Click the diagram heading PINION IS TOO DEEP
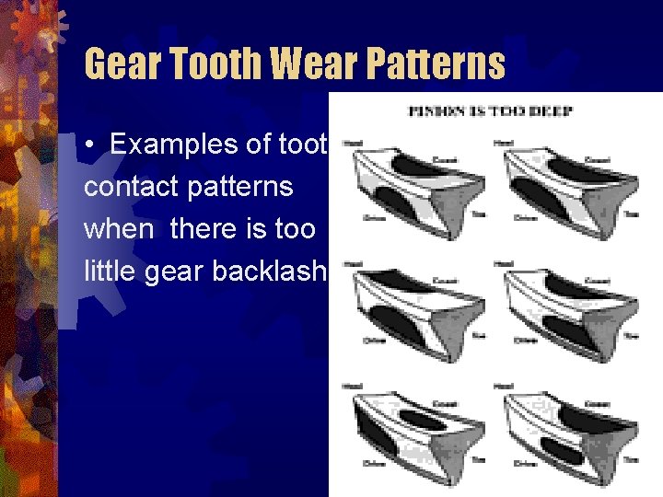pos(491,111)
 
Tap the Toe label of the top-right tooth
pos(630,214)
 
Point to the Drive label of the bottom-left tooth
pos(373,463)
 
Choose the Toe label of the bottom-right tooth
pos(632,458)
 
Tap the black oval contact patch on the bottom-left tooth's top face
pos(425,419)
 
